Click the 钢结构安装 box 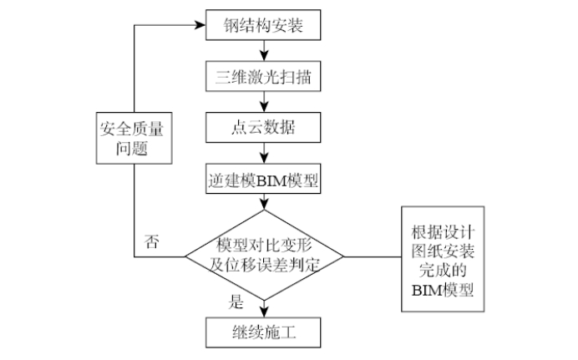point(263,25)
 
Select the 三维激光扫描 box point(263,76)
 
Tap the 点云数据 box point(263,128)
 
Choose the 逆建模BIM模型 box point(263,179)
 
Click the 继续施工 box point(263,332)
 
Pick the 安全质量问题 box point(134,138)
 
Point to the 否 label point(151,241)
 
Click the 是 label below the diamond point(236,302)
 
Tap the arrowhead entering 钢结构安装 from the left point(200,25)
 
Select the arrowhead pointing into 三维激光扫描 point(264,56)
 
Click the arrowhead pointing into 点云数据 point(264,107)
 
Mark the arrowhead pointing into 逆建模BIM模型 point(264,158)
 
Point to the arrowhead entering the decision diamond point(264,205)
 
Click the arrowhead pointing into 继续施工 point(264,312)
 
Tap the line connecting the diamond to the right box point(373,256)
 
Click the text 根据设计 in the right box point(443,232)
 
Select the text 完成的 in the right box point(443,271)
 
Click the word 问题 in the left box point(132,148)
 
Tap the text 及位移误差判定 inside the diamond point(264,265)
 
